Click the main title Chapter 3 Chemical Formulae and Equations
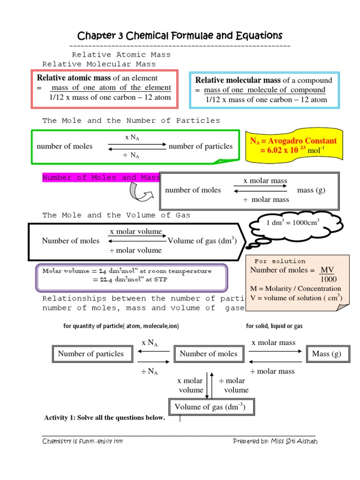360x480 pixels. pos(180,36)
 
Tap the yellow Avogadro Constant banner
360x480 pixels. pos(293,145)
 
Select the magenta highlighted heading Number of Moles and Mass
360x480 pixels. pos(101,178)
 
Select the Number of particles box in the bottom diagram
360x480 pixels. pos(91,354)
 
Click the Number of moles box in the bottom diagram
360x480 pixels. pos(209,354)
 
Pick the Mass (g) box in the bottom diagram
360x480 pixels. pos(327,354)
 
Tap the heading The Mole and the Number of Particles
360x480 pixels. pos(131,120)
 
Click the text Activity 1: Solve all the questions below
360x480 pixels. pos(104,418)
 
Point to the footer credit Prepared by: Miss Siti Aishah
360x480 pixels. pos(275,441)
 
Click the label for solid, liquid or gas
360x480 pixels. pos(274,326)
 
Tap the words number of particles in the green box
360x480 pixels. pos(201,146)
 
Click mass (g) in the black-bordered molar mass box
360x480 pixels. pos(311,190)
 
